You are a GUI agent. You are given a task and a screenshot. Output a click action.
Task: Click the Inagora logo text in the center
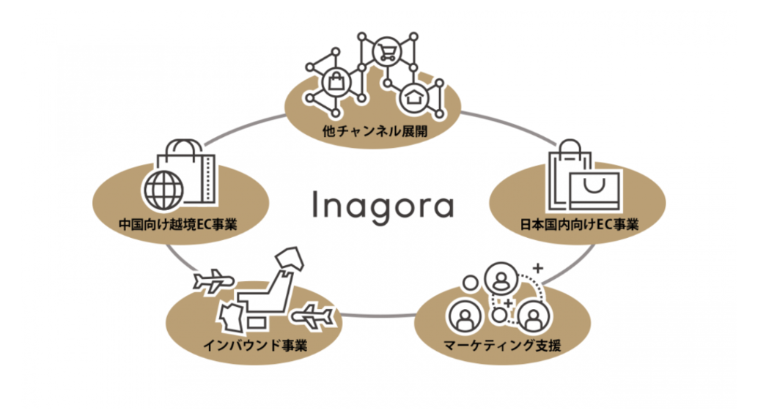point(383,206)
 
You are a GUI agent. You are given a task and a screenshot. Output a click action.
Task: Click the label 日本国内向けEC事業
point(576,223)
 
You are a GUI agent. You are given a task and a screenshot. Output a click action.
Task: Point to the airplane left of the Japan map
point(213,282)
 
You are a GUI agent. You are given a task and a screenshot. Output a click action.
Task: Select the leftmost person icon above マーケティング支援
point(464,316)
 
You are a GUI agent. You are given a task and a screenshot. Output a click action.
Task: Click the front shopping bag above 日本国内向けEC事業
point(595,191)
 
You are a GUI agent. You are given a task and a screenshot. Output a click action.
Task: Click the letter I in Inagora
point(315,206)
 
